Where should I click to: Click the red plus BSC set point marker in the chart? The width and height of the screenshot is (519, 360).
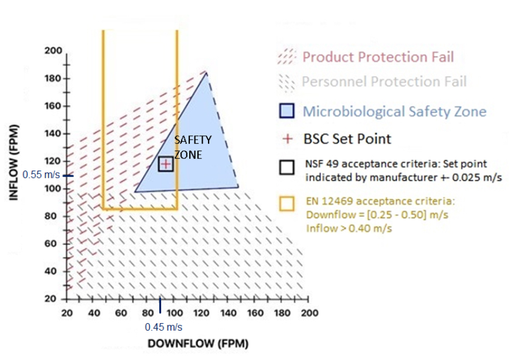pos(166,164)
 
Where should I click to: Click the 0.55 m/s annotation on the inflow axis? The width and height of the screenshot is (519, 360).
pos(40,175)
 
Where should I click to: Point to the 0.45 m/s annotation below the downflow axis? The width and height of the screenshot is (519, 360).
pos(163,327)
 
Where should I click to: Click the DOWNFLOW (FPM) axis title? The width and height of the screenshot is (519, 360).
pos(197,344)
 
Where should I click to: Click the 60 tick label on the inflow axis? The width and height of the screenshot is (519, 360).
pos(55,243)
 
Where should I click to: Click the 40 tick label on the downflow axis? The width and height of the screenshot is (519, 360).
pos(93,313)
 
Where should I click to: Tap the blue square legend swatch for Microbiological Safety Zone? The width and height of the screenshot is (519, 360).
pos(287,111)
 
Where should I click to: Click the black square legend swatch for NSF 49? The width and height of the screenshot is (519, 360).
pos(286,167)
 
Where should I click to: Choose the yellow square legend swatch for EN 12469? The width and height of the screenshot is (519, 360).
pos(286,203)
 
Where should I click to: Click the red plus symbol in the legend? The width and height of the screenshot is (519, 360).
pos(286,140)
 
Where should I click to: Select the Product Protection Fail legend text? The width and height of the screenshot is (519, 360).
pos(378,57)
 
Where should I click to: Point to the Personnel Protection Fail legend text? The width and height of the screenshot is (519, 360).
pos(384,81)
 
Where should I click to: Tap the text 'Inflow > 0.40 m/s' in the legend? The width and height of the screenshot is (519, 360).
pos(349,228)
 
